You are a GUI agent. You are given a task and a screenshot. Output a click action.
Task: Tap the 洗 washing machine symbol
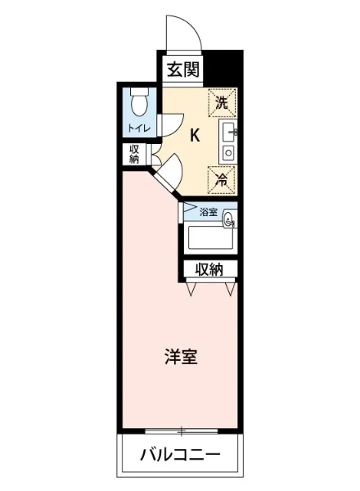[x=221, y=101]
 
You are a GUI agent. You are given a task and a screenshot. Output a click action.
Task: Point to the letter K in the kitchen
[x=195, y=136]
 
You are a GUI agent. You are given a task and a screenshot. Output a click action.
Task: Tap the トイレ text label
[x=137, y=128]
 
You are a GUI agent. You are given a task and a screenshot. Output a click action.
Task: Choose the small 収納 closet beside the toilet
[x=133, y=153]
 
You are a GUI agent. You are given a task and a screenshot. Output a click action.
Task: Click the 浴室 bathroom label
[x=209, y=212]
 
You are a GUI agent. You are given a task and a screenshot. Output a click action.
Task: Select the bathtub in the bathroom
[x=212, y=238]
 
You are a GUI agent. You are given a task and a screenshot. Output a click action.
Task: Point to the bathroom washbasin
[x=229, y=218]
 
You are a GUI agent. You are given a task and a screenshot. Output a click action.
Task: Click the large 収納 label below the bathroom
[x=209, y=268]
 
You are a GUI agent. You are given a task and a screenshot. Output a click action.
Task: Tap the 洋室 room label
[x=180, y=357]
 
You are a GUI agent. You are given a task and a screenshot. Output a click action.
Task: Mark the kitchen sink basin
[x=228, y=131]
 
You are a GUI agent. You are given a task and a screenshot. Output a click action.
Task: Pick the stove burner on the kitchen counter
[x=228, y=151]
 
